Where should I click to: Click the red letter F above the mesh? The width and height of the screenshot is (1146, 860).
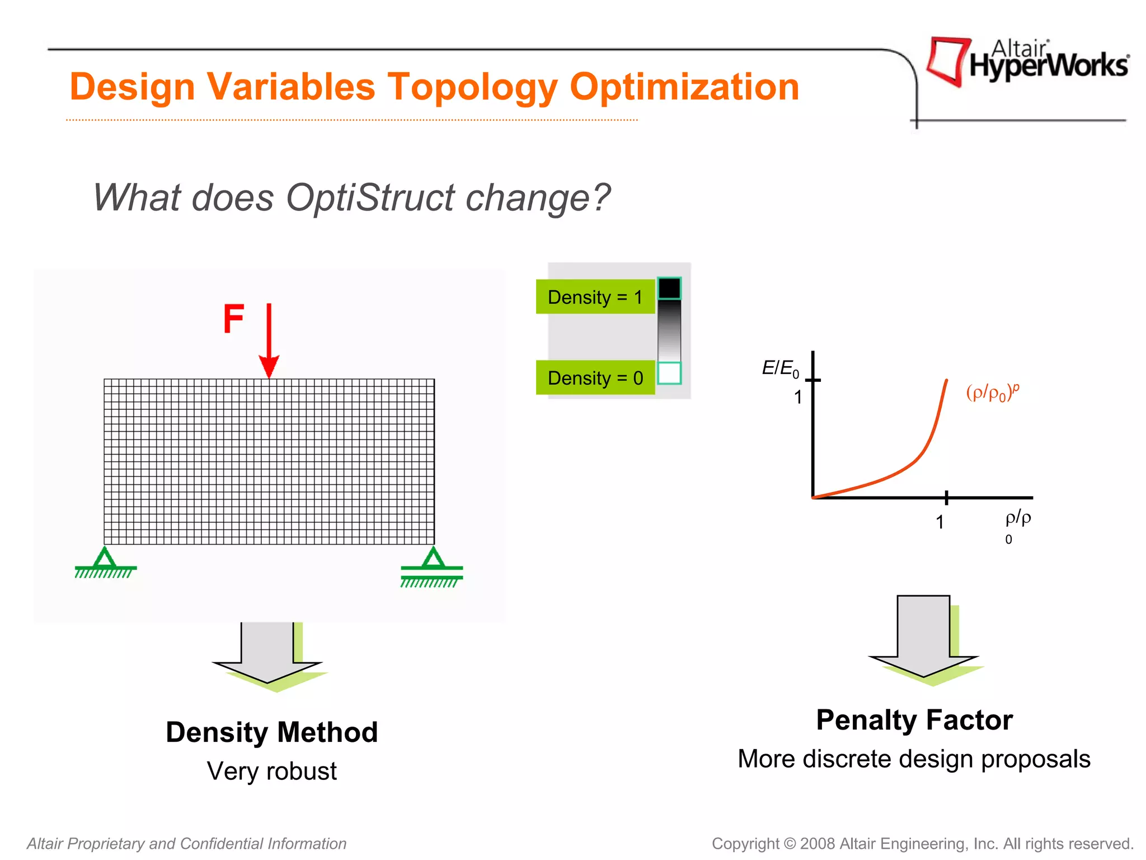[234, 319]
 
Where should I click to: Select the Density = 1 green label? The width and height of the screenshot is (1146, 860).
[595, 297]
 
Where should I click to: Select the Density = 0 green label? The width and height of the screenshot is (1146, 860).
[595, 378]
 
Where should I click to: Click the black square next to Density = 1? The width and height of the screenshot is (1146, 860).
[669, 288]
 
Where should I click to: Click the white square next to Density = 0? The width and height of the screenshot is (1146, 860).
[669, 373]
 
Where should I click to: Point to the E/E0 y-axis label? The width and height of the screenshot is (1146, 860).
[780, 368]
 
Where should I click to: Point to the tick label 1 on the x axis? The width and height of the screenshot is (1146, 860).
[940, 522]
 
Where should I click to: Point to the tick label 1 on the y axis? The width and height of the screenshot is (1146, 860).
[798, 398]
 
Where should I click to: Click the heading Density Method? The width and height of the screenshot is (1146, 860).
[272, 732]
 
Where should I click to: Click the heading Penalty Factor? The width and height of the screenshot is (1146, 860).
[914, 720]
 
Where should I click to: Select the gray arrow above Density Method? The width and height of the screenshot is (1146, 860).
[267, 652]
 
